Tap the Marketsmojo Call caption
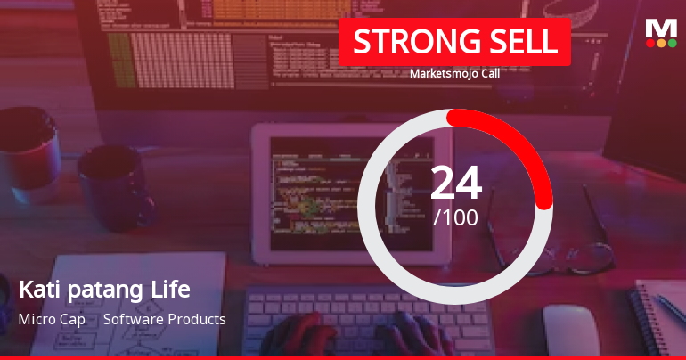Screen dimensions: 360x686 454,74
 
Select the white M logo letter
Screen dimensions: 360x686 661,28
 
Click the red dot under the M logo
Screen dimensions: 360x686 650,43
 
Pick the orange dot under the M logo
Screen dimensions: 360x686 661,43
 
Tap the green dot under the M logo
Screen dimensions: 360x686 672,43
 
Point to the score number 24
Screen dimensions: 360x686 455,183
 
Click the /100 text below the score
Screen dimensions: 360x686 455,217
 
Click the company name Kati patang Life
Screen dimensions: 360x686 104,290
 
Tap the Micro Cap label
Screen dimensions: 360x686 52,319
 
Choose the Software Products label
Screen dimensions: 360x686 164,319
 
